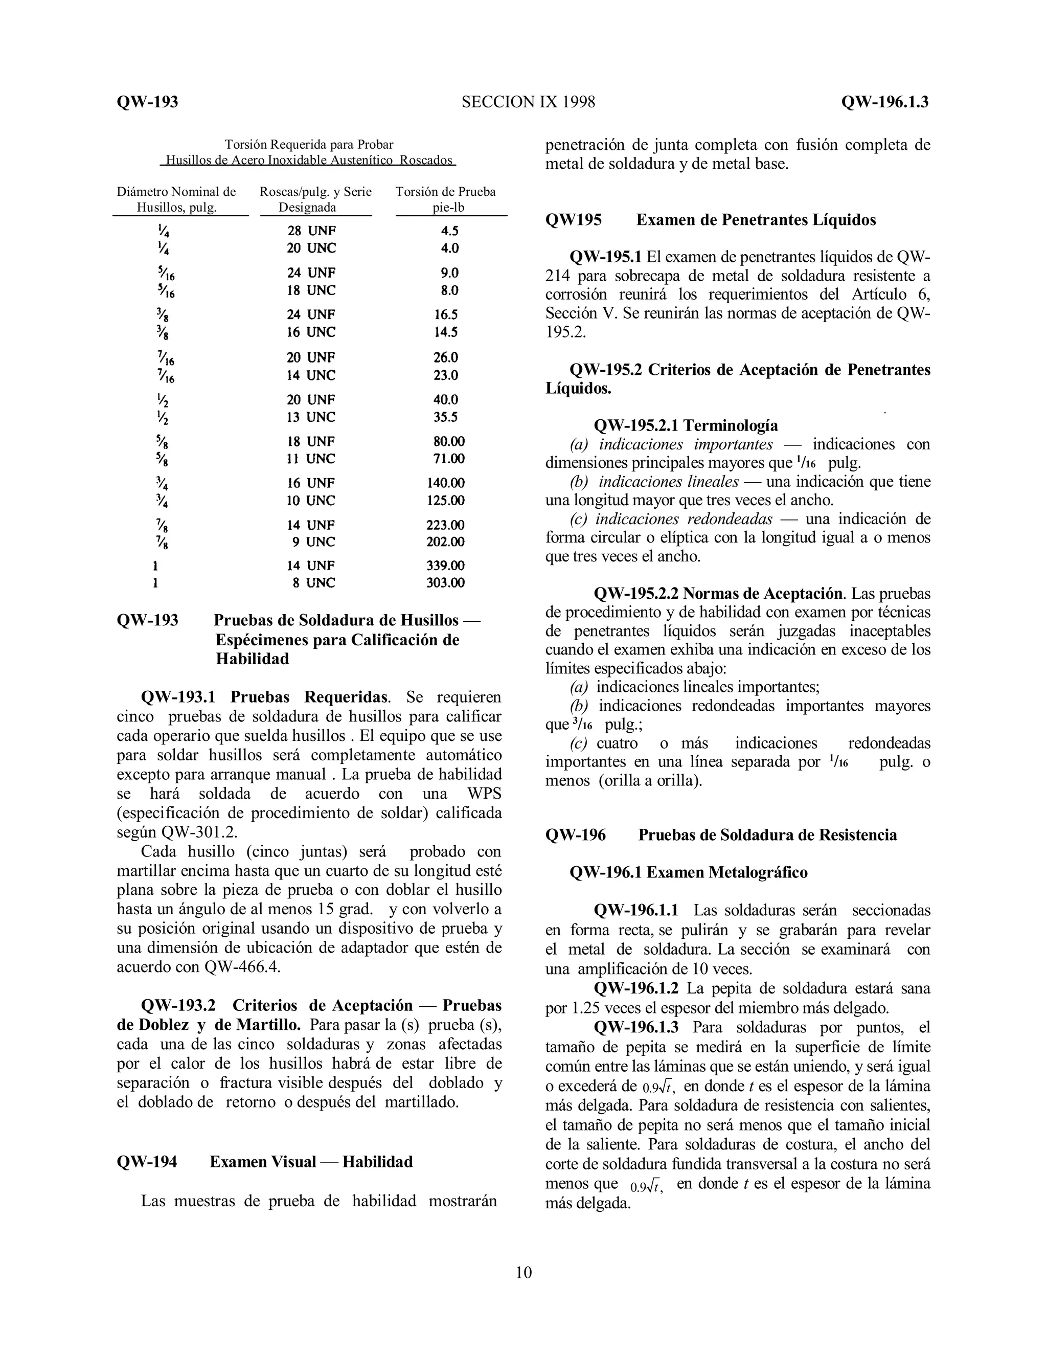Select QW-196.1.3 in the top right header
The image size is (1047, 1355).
[x=884, y=102]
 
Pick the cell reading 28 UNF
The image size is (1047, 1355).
[x=311, y=231]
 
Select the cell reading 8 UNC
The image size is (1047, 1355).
[x=314, y=582]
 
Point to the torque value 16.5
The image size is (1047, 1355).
[x=446, y=314]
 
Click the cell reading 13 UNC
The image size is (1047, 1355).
[x=311, y=417]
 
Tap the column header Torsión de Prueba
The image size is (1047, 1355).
[x=445, y=192]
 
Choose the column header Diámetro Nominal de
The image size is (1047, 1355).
[x=176, y=192]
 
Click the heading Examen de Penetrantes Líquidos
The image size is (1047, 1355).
[x=756, y=220]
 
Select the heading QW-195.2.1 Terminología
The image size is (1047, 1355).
[x=686, y=425]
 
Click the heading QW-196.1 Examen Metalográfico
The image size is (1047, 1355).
[x=689, y=872]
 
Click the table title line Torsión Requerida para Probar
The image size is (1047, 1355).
[x=309, y=145]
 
